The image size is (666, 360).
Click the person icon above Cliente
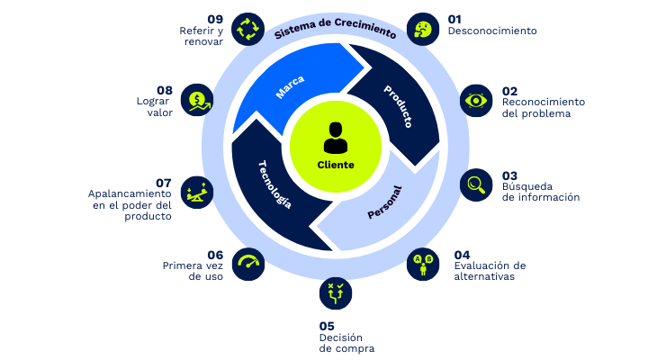click(335, 138)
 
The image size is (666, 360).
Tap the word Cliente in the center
click(336, 165)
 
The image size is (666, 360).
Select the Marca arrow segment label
click(290, 87)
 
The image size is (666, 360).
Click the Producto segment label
click(398, 104)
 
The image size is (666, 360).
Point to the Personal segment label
click(384, 202)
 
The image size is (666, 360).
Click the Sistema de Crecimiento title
click(335, 28)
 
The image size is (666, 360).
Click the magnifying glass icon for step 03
click(476, 184)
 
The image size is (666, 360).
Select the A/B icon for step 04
click(421, 264)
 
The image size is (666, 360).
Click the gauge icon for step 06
click(247, 264)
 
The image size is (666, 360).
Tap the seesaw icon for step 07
click(195, 190)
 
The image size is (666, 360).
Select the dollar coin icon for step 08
click(196, 100)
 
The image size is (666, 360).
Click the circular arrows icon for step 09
click(247, 29)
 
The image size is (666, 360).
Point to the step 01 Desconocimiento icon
click(422, 29)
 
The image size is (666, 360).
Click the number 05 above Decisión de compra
click(327, 326)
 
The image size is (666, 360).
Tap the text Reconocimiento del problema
click(543, 108)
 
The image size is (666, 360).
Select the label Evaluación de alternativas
click(490, 271)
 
